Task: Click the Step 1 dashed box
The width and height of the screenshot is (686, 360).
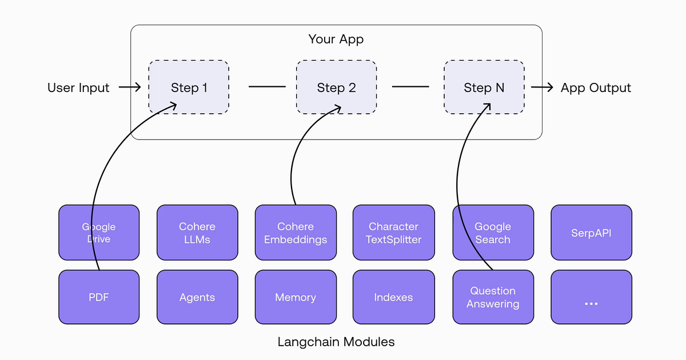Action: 189,87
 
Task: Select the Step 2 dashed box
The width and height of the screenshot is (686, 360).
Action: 336,87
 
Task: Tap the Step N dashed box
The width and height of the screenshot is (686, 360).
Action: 484,87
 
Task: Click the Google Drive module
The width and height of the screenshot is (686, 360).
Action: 99,233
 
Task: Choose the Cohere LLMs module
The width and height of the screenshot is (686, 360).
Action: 197,233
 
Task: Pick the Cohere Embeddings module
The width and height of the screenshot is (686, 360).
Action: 295,233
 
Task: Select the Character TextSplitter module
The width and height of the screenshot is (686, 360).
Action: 393,233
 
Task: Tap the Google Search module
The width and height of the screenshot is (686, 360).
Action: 493,233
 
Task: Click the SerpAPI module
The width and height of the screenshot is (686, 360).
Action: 591,233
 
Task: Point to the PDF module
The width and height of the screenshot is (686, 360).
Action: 99,297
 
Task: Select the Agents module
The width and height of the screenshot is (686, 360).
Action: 197,297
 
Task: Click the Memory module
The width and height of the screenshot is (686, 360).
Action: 295,297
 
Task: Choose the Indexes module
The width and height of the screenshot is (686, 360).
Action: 393,297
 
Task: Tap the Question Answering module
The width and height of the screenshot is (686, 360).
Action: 493,297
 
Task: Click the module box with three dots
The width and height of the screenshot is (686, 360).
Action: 591,297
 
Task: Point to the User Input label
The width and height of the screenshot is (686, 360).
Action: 78,88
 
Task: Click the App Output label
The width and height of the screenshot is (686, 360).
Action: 596,88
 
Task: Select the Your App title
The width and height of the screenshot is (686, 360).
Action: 336,39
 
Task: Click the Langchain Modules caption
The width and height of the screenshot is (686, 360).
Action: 336,342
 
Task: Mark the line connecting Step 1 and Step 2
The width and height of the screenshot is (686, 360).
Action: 267,87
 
